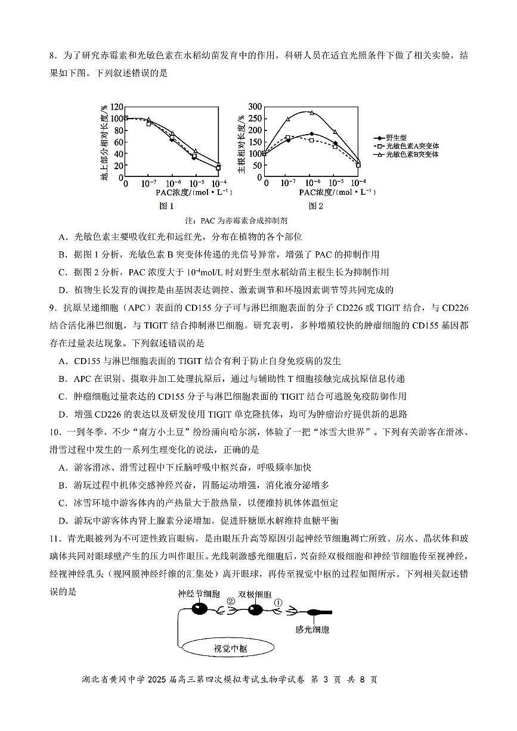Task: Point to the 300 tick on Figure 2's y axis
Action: (x=255, y=106)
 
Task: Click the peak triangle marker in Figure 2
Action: (x=311, y=113)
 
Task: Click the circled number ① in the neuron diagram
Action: (x=277, y=602)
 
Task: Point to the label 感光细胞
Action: (x=312, y=629)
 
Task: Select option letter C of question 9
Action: (x=63, y=396)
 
